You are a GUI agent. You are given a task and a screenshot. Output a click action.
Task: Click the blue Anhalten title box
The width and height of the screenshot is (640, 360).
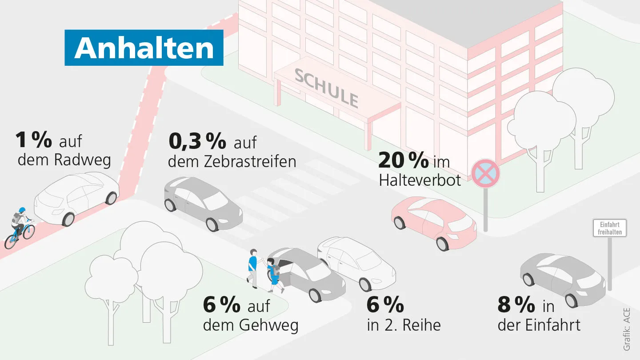(144, 48)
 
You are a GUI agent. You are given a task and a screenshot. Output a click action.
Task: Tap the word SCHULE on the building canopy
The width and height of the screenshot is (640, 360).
(327, 88)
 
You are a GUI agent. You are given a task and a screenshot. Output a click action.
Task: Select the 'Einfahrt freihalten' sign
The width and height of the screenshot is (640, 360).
(609, 228)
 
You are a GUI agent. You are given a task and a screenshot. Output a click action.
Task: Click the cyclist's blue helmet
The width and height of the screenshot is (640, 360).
(22, 210)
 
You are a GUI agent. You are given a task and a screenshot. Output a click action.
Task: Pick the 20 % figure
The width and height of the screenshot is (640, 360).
(403, 160)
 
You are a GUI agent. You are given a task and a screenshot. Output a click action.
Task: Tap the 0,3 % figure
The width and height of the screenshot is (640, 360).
(197, 141)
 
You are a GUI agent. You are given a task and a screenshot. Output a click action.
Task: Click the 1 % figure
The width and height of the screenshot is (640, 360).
(33, 140)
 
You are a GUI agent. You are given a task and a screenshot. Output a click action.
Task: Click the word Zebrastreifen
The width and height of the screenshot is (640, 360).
(250, 161)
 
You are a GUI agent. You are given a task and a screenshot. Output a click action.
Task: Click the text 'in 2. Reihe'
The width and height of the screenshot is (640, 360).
(404, 325)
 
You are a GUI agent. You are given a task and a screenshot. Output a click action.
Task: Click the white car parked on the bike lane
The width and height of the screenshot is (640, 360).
(76, 199)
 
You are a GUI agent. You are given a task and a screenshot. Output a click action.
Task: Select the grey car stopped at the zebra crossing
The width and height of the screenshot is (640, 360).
(202, 203)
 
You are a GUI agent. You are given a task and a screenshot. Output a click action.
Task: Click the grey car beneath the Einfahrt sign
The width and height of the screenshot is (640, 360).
(562, 278)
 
